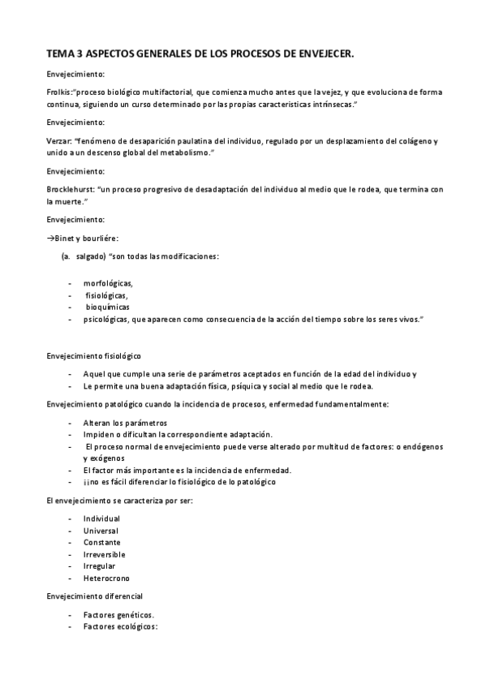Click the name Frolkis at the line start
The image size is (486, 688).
[x=59, y=92]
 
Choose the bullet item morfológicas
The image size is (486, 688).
[x=107, y=283]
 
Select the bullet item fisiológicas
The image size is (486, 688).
[x=106, y=295]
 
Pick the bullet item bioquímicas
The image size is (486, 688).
[x=108, y=307]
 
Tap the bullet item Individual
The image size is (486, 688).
[x=101, y=518]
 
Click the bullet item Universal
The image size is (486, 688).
[x=101, y=531]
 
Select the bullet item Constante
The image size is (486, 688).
[x=101, y=542]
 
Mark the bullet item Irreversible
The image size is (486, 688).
[x=104, y=554]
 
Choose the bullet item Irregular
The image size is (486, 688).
[x=99, y=565]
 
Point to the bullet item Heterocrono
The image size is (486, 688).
[x=105, y=578]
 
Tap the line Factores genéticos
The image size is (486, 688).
[x=118, y=615]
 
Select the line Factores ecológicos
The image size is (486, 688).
[x=120, y=627]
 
